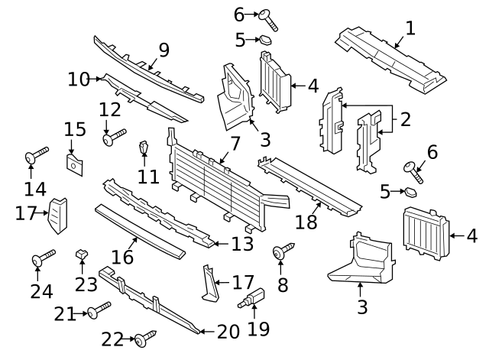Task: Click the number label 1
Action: pos(410,29)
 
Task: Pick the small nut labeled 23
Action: pos(81,254)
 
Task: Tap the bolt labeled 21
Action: pos(99,310)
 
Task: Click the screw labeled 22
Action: pos(144,337)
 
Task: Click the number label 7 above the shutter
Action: pos(235,144)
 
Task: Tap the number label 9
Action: pos(164,51)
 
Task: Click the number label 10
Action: pos(79,78)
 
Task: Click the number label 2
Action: pos(405,118)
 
